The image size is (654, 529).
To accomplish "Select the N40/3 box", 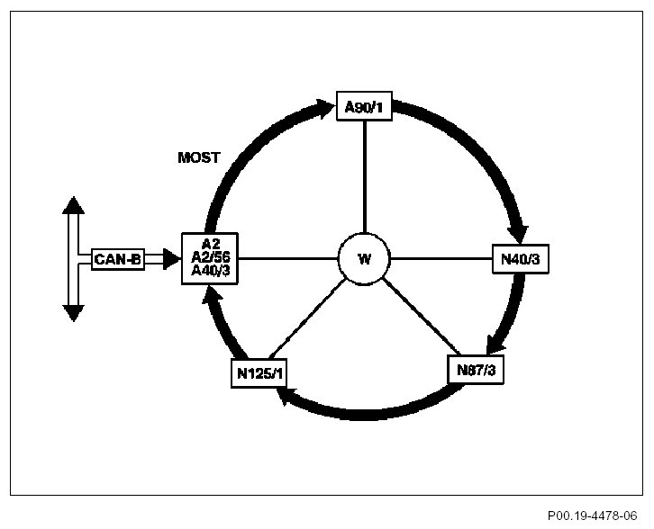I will click(520, 259).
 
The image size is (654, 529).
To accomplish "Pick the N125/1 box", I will click(259, 373).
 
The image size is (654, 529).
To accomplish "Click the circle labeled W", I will click(364, 259).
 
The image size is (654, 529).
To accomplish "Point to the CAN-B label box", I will click(117, 259).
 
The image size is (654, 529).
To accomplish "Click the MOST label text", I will click(199, 157).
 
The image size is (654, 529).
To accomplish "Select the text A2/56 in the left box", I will click(210, 258).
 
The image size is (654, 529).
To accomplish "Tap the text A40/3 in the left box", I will click(210, 272).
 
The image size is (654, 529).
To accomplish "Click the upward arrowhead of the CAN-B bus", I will click(73, 205).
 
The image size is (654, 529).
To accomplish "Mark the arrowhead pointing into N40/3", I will click(522, 232).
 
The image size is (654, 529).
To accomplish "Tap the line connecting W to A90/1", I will click(364, 180).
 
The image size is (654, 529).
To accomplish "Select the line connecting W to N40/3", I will click(441, 259).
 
